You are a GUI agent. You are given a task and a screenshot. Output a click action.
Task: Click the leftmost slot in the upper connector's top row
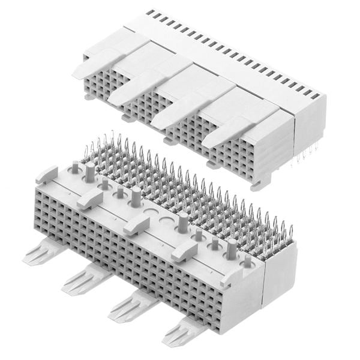149,13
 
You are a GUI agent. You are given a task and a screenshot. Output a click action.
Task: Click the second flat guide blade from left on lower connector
86,278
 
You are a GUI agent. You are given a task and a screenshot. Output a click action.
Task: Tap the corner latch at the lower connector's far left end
47,175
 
